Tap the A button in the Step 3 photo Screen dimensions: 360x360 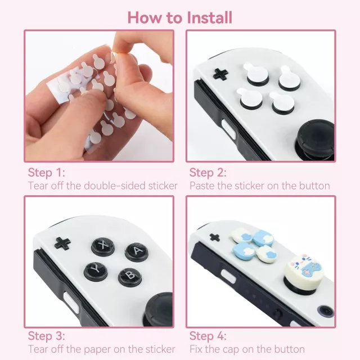pos(136,252)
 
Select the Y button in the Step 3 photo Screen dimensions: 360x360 pos(96,272)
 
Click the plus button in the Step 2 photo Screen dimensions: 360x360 pos(220,74)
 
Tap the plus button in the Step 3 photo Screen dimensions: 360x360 pos(62,244)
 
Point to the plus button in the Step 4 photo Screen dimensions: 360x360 pos(215,237)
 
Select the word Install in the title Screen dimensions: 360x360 pos(209,17)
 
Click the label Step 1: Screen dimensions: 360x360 pos(46,173)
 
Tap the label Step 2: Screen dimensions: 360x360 pos(208,173)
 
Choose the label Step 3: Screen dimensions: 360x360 pos(46,336)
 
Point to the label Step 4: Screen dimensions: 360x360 pos(208,336)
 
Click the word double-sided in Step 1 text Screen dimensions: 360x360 pos(115,186)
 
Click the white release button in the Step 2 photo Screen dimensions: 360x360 pos(229,129)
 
